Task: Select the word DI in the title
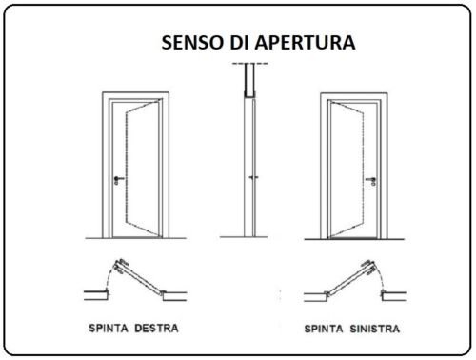pos(238,42)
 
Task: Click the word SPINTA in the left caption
pos(109,328)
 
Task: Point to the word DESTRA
pos(156,328)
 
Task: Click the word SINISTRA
pos(375,329)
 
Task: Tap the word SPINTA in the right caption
pos(324,329)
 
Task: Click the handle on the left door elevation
pos(119,180)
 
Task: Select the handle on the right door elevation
pos(371,181)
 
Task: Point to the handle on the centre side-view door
pos(253,177)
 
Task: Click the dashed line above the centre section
pos(250,64)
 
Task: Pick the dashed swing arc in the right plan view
pos(380,277)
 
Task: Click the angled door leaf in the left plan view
pos(140,277)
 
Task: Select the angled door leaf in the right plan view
pos(351,277)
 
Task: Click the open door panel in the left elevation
pos(142,170)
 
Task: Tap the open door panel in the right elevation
pos(347,170)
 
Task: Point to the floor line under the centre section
pos(244,237)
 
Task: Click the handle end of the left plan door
pos(120,266)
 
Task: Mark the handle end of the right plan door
pos(370,267)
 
